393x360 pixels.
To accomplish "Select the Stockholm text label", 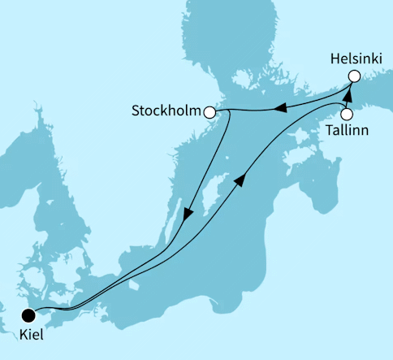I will pyautogui.click(x=166, y=111).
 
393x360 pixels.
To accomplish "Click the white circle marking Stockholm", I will pyautogui.click(x=210, y=111).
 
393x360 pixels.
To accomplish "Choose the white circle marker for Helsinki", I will pyautogui.click(x=354, y=76).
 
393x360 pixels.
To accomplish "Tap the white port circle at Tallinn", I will pyautogui.click(x=347, y=114).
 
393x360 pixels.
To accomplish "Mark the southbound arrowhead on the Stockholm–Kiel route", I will pyautogui.click(x=188, y=215).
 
